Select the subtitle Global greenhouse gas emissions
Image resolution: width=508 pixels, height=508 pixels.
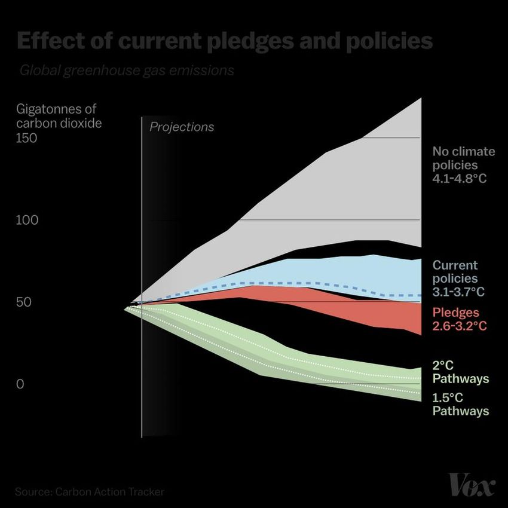click(x=126, y=71)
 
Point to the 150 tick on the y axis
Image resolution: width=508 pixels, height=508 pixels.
click(x=27, y=138)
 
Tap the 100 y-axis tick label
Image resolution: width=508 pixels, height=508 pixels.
click(x=27, y=221)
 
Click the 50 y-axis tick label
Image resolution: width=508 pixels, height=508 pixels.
click(x=23, y=302)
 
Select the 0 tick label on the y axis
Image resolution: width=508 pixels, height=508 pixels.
click(x=20, y=384)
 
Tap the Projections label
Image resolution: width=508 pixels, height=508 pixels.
click(x=181, y=127)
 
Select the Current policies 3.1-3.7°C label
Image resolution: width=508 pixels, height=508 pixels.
click(x=458, y=279)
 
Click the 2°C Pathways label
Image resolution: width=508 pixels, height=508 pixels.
click(x=460, y=372)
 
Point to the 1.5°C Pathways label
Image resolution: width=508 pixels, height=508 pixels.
click(x=460, y=404)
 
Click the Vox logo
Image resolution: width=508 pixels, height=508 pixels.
click(x=472, y=484)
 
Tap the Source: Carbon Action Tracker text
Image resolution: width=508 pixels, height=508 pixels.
click(x=90, y=492)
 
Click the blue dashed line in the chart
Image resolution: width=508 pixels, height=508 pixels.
click(x=299, y=283)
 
